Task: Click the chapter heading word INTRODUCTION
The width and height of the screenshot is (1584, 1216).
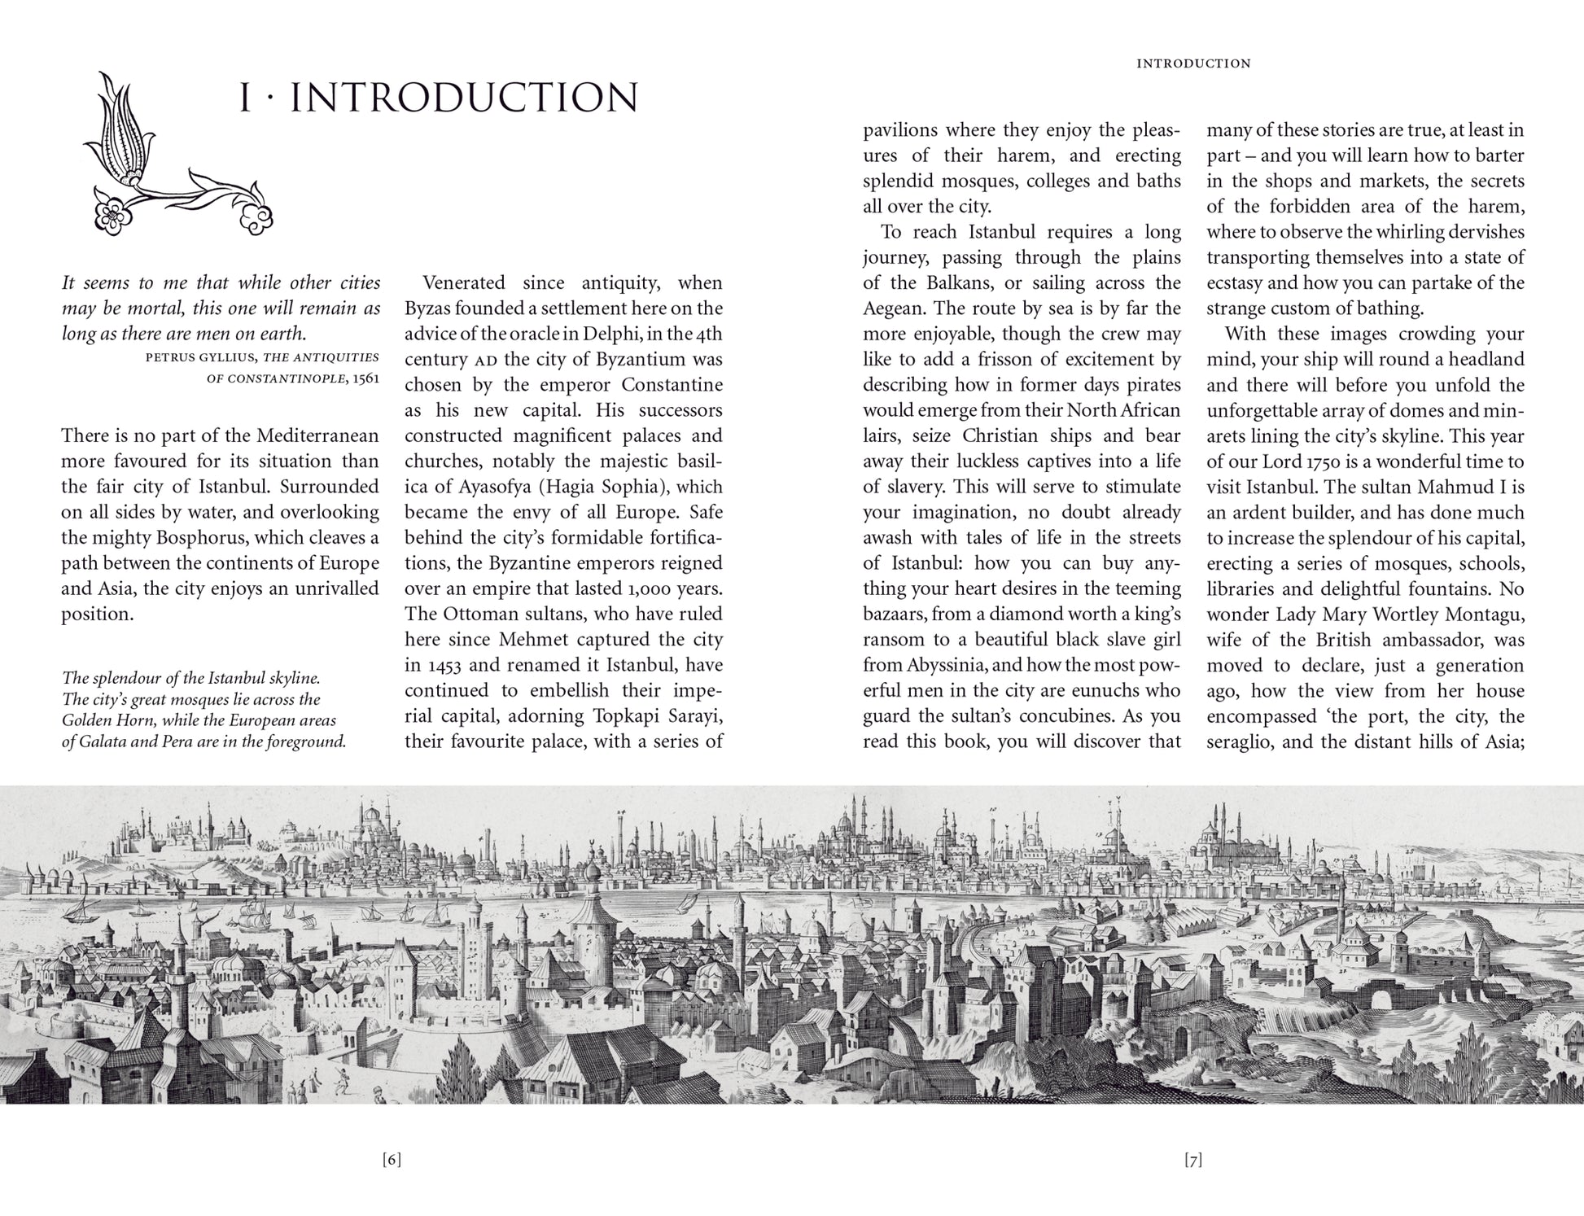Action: pyautogui.click(x=464, y=98)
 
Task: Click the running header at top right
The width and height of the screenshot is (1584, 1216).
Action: pyautogui.click(x=1193, y=63)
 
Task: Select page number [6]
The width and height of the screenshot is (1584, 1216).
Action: pyautogui.click(x=392, y=1160)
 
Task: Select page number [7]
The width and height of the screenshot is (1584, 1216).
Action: pyautogui.click(x=1192, y=1160)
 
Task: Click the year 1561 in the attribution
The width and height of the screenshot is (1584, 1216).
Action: pyautogui.click(x=366, y=379)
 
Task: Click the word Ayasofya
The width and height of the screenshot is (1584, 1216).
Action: pyautogui.click(x=470, y=487)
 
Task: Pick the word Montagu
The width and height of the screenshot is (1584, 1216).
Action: pyautogui.click(x=1485, y=614)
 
